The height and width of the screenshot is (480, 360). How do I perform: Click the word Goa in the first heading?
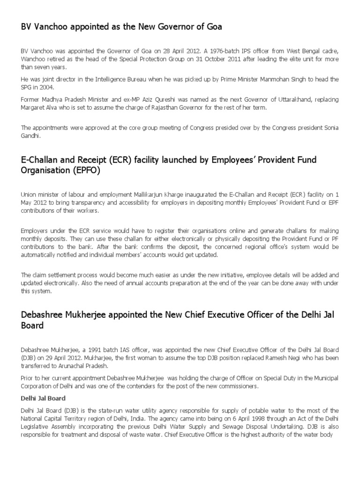(213, 27)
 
